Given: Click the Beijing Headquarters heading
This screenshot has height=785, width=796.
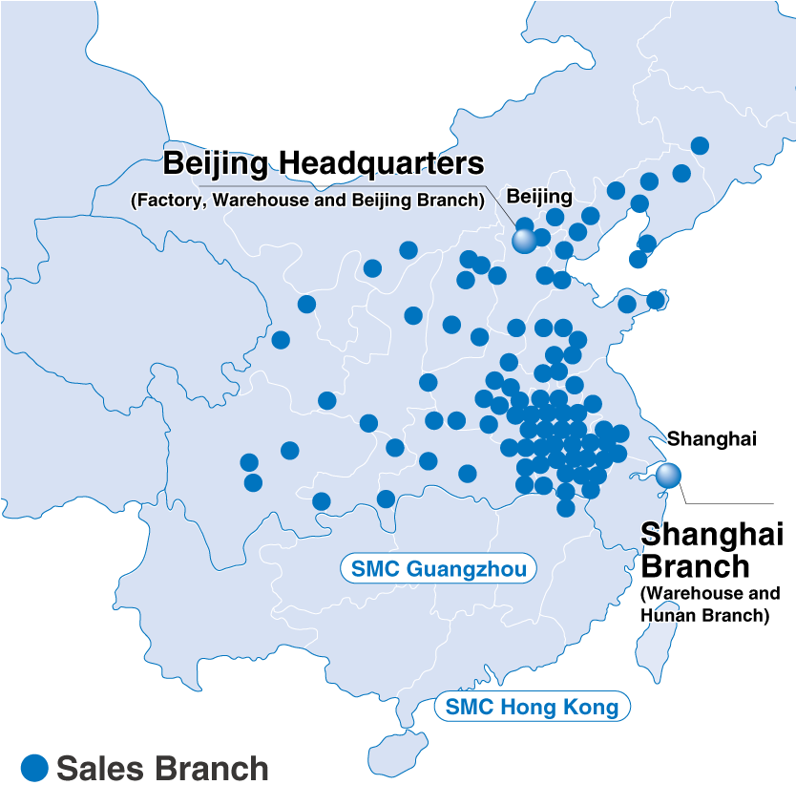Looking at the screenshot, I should pyautogui.click(x=324, y=163).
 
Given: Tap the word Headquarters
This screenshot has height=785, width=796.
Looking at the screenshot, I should pyautogui.click(x=389, y=163).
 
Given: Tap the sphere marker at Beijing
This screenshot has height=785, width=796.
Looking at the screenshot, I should pyautogui.click(x=525, y=241).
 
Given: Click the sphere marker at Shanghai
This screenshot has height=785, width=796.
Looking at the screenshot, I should pyautogui.click(x=669, y=474).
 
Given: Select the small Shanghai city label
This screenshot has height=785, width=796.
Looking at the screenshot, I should pyautogui.click(x=711, y=439).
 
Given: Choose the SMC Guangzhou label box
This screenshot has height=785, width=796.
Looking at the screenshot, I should pyautogui.click(x=438, y=570).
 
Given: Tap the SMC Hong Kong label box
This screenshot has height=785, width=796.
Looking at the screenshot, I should pyautogui.click(x=532, y=708).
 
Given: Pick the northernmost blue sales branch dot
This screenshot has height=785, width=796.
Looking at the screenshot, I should pyautogui.click(x=700, y=145).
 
